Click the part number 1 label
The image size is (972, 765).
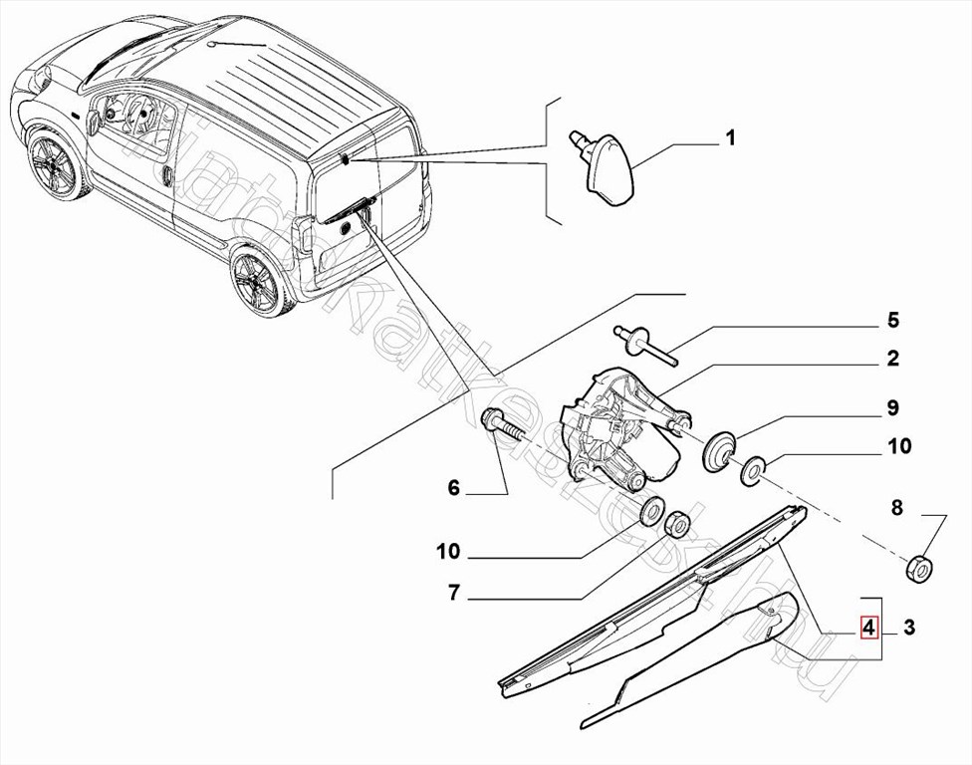[x=730, y=138]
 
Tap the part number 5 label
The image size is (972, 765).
[x=893, y=321]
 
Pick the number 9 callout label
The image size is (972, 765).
[x=893, y=407]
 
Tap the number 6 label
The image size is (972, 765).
[x=454, y=488]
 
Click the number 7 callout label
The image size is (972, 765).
[x=453, y=594]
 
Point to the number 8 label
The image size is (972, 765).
[x=896, y=509]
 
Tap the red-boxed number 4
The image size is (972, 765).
[x=869, y=628]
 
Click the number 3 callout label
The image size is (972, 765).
[x=909, y=628]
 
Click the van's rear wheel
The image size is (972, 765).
[x=257, y=282]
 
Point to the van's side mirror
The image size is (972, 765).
[x=94, y=122]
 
